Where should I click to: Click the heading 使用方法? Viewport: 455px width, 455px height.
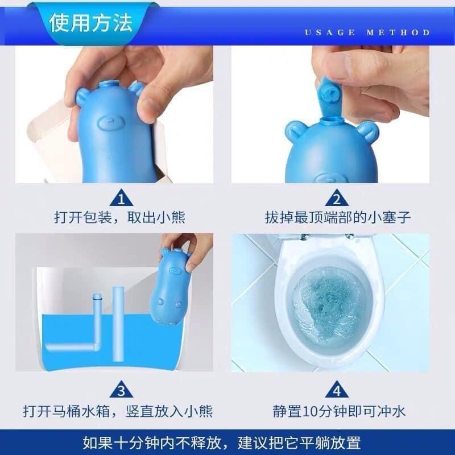pos(90,23)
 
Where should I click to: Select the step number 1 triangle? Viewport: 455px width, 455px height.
pos(121,198)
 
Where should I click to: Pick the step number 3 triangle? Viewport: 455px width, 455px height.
pos(121,390)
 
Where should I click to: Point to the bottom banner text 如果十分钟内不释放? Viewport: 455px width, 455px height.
pos(148,442)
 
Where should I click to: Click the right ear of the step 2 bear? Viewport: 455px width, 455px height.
pos(368,132)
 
